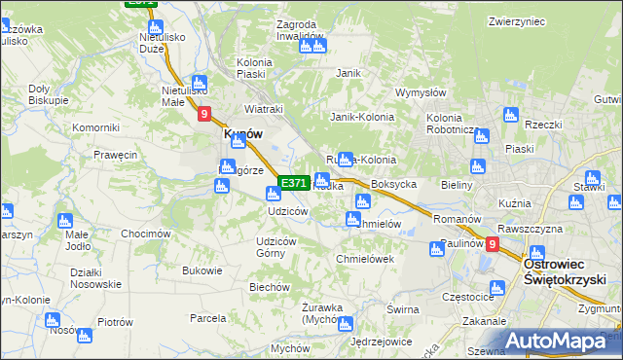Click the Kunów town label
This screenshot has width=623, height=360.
[242, 134]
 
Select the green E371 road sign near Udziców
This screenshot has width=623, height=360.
[294, 183]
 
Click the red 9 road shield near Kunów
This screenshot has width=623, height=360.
[204, 115]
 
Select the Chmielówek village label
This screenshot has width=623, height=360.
[364, 259]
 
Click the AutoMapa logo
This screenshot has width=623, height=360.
[563, 342]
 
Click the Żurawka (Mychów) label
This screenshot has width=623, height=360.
[322, 313]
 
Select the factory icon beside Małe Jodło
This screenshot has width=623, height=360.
[65, 221]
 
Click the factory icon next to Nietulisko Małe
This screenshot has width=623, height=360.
[200, 83]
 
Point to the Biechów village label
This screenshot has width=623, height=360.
[270, 287]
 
